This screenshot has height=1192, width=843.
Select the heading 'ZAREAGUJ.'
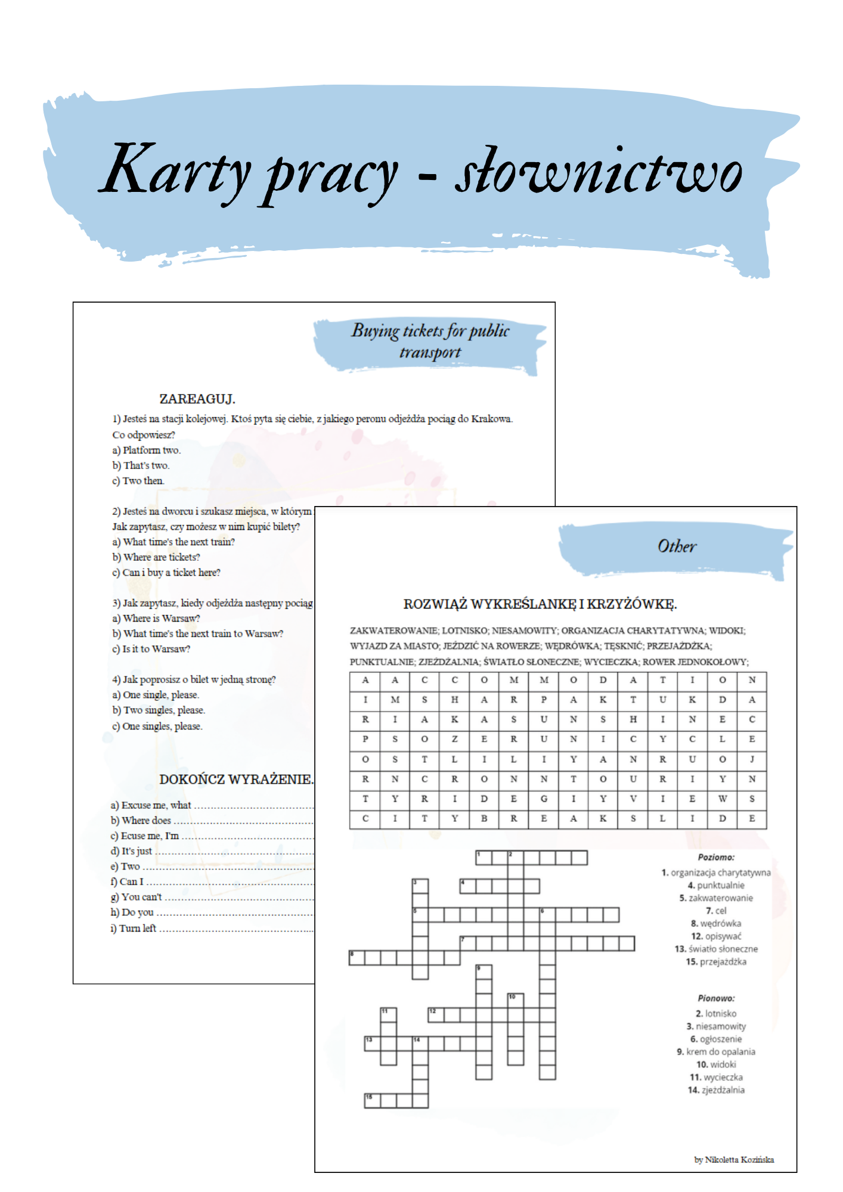pyautogui.click(x=197, y=399)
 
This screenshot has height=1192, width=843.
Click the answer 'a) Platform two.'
pyautogui.click(x=147, y=450)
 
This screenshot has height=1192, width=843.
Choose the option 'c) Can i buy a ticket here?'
pyautogui.click(x=166, y=572)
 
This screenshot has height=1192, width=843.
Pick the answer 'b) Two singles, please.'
pyautogui.click(x=159, y=710)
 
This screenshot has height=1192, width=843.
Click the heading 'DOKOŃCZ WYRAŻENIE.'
pyautogui.click(x=236, y=779)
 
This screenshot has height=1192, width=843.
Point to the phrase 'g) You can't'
pyautogui.click(x=137, y=896)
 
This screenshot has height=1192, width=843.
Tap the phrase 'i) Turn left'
pyautogui.click(x=134, y=928)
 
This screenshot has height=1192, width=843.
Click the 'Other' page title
pyautogui.click(x=677, y=546)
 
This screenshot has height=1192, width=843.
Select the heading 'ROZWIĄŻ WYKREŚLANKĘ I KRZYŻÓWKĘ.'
pyautogui.click(x=540, y=604)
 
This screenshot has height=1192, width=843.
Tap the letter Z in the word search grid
pyautogui.click(x=454, y=739)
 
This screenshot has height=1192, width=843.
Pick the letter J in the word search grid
pyautogui.click(x=752, y=759)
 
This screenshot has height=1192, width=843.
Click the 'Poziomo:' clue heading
pyautogui.click(x=716, y=857)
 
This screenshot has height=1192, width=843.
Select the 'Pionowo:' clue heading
pyautogui.click(x=716, y=998)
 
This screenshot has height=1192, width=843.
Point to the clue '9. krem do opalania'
pyautogui.click(x=716, y=1051)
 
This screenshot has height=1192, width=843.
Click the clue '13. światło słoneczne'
pyautogui.click(x=716, y=948)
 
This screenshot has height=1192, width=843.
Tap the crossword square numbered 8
pyautogui.click(x=357, y=958)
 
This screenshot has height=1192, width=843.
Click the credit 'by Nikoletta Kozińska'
pyautogui.click(x=734, y=1159)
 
